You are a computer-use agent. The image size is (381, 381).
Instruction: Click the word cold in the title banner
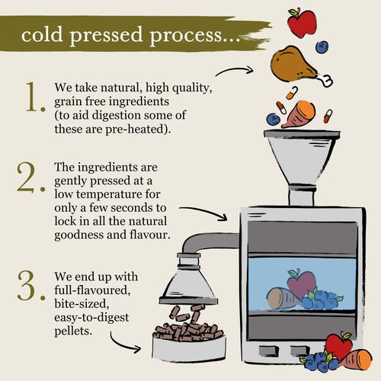pos(42,34)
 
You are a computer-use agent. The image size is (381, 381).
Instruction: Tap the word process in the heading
pos(186,37)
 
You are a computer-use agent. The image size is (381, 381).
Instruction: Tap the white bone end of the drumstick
pos(325,79)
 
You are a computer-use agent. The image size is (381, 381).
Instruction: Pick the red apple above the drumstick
pos(303,22)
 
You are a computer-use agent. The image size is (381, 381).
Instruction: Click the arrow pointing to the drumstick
pos(234,70)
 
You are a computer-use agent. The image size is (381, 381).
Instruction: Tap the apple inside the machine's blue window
pos(302,283)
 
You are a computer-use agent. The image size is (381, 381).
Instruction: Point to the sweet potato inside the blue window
pos(283,298)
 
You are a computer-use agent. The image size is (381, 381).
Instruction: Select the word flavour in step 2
pos(149,234)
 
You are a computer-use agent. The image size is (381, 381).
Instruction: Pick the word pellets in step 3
pos(73,331)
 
